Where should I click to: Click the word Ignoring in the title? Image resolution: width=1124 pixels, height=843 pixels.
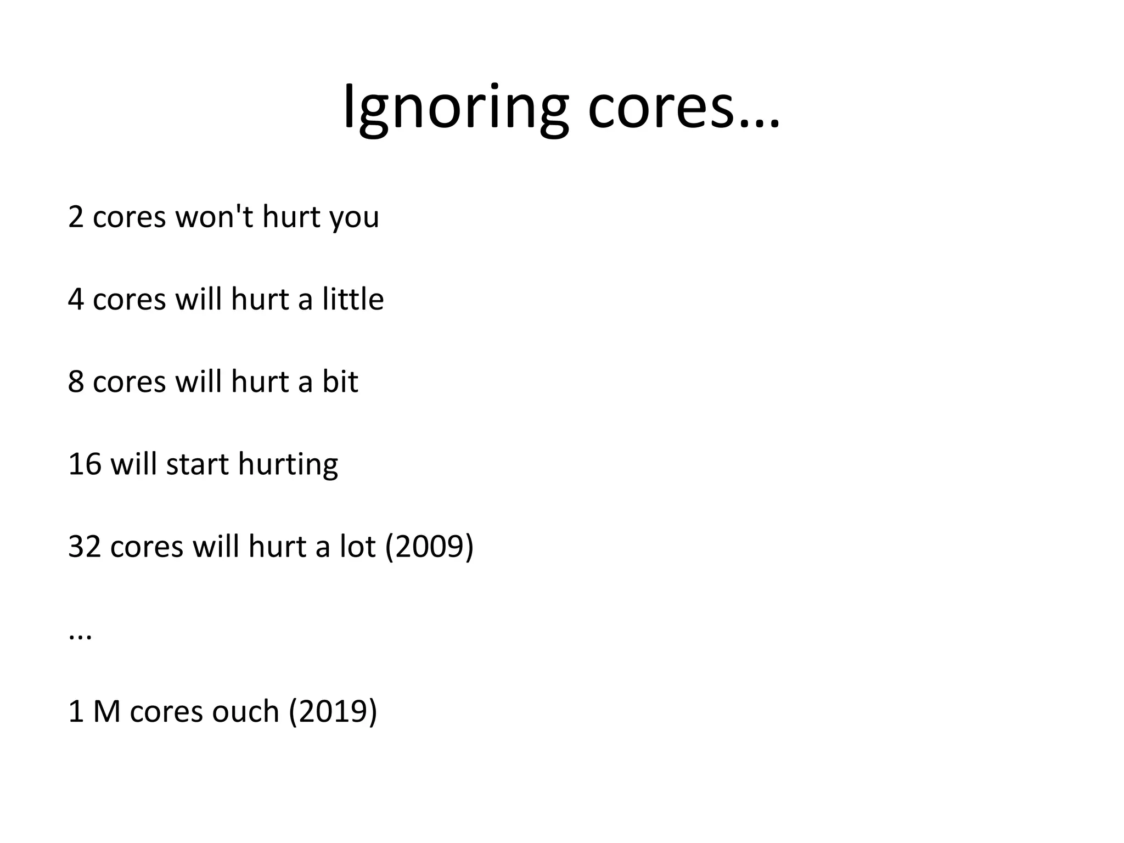point(456,108)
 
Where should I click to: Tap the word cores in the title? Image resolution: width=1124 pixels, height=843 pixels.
point(661,108)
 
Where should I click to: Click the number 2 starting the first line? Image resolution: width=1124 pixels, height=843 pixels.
point(76,217)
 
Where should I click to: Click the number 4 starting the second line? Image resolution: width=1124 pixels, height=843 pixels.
point(76,300)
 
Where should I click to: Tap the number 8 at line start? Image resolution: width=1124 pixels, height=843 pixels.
point(76,382)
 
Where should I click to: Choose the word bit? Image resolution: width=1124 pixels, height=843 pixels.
point(340,382)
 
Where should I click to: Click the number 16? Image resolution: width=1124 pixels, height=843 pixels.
point(85,464)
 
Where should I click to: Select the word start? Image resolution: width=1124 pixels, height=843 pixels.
point(197,464)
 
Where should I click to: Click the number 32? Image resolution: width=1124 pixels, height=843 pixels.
point(85,547)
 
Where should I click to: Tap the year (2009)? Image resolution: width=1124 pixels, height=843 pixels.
point(429,547)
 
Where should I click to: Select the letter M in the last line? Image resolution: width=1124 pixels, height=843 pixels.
point(106,712)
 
